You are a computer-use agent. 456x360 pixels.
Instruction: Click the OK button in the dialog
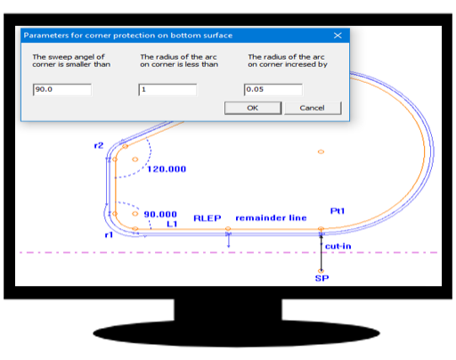[x=253, y=108]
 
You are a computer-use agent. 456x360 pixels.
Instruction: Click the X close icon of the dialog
[x=338, y=36]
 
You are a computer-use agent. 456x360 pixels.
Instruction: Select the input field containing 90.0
[x=62, y=89]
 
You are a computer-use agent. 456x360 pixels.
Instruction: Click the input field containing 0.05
[x=273, y=89]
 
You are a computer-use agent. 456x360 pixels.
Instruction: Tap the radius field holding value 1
[x=167, y=89]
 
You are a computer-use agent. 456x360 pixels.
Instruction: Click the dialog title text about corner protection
[x=128, y=36]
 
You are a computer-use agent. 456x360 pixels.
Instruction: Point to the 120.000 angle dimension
[x=167, y=169]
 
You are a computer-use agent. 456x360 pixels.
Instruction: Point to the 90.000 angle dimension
[x=160, y=214]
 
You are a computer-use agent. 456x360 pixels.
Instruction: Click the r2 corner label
[x=99, y=145]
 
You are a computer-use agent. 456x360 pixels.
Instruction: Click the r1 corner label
[x=109, y=235]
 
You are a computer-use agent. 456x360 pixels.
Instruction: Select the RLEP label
[x=208, y=218]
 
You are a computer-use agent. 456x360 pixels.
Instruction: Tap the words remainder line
[x=271, y=218]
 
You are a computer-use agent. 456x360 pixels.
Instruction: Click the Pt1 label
[x=338, y=211]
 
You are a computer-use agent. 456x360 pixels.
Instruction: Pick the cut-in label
[x=338, y=246]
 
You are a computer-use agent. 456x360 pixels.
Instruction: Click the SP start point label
[x=322, y=278]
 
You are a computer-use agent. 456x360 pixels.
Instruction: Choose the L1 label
[x=172, y=224]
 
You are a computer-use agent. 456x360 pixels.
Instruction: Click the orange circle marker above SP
[x=321, y=271]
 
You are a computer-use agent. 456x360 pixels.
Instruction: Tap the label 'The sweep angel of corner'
[x=69, y=57]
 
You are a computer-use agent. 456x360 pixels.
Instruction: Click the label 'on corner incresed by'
[x=288, y=64]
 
